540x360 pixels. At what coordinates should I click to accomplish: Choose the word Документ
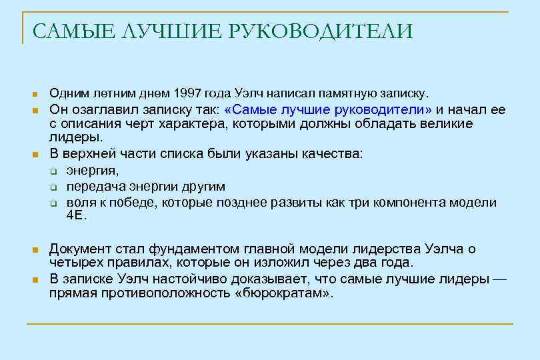click(x=83, y=249)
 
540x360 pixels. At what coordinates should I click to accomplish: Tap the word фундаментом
click(x=177, y=249)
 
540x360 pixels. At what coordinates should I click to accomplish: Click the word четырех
click(x=76, y=263)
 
